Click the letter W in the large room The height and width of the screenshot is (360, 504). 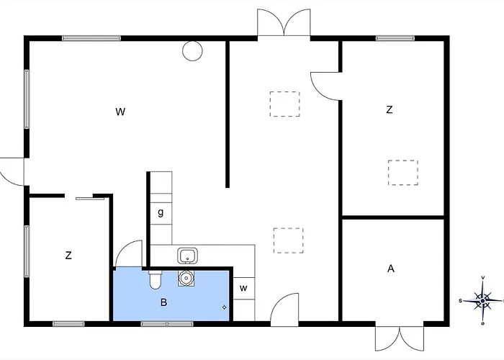(x=120, y=112)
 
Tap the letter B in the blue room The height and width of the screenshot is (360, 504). (x=163, y=302)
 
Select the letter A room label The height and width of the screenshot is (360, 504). (x=390, y=269)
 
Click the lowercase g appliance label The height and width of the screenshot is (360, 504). (x=161, y=212)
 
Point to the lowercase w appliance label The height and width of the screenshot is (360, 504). (x=243, y=288)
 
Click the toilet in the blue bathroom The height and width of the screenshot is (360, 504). (x=156, y=279)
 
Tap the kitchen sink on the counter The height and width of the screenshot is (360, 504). (x=187, y=256)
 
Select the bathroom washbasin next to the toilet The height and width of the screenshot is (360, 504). (x=186, y=278)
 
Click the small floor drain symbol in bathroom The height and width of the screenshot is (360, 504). (x=224, y=307)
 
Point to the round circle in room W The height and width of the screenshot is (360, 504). (x=192, y=51)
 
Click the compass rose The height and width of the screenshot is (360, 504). (x=482, y=300)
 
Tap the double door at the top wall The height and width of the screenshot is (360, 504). (x=284, y=22)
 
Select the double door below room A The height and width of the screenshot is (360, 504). (x=400, y=338)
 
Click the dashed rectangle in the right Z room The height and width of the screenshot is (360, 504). (x=403, y=173)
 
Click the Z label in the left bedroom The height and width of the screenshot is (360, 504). (x=68, y=256)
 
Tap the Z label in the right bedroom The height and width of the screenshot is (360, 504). (x=390, y=110)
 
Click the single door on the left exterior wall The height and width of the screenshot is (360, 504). (x=12, y=172)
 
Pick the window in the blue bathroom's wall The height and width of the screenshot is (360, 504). (x=167, y=324)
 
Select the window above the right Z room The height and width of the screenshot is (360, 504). (x=395, y=38)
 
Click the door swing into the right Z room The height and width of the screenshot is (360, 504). (x=325, y=86)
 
